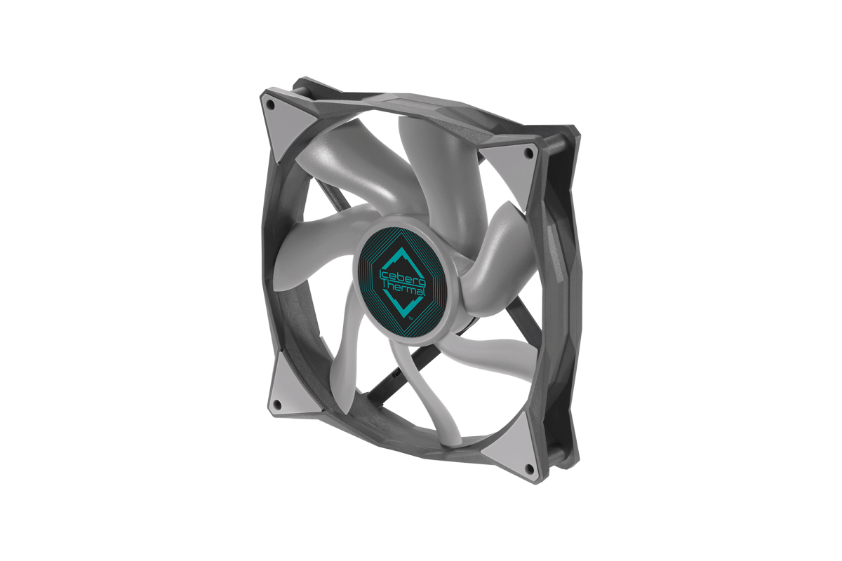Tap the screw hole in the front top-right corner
point(530,153)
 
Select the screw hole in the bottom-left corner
point(278,405)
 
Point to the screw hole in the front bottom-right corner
point(530,468)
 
